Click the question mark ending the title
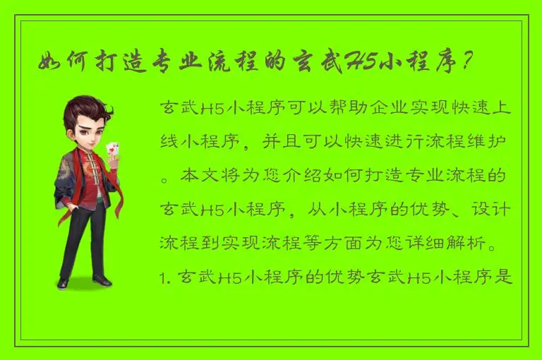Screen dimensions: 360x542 (465, 62)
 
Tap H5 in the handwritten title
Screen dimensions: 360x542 (361, 62)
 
